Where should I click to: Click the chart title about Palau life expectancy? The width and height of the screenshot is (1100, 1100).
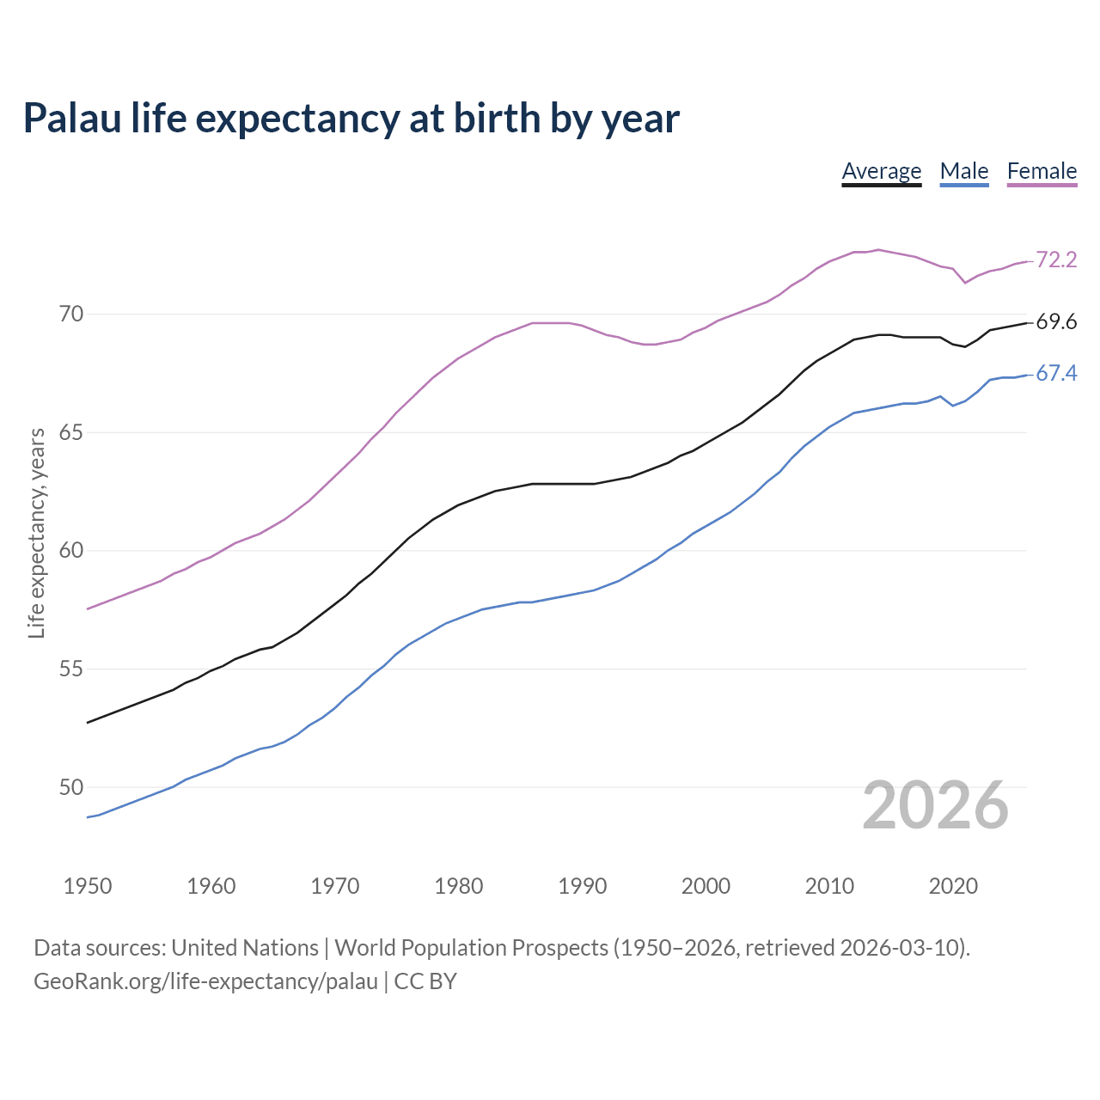(351, 119)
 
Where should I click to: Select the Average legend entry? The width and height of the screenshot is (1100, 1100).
(881, 171)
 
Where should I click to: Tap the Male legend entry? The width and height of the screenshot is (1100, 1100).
(964, 171)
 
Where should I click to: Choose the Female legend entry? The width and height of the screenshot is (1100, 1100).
(1042, 171)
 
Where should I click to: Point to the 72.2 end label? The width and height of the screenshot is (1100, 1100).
(1056, 260)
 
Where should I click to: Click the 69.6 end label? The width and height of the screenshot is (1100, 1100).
(1056, 322)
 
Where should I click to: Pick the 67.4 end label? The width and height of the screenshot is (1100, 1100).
(1056, 374)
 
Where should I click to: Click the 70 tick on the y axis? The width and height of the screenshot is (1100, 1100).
(71, 314)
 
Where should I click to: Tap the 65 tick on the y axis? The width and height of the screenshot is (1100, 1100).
(71, 432)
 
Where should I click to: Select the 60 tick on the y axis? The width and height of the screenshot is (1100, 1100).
(71, 550)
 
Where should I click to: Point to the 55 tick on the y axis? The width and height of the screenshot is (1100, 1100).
(71, 669)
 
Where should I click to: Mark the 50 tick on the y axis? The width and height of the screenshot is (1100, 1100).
(71, 787)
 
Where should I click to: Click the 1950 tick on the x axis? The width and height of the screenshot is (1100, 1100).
(88, 886)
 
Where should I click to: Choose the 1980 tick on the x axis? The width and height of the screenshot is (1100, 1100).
(458, 886)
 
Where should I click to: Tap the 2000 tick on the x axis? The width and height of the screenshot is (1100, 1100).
(706, 886)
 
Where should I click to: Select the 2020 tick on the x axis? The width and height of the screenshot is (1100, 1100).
(953, 886)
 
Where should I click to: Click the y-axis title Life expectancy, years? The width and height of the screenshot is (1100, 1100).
(37, 534)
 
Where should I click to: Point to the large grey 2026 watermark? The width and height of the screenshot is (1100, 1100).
(935, 805)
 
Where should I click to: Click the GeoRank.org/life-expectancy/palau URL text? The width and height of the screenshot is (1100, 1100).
(205, 981)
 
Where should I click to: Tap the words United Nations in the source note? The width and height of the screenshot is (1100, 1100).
(245, 948)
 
